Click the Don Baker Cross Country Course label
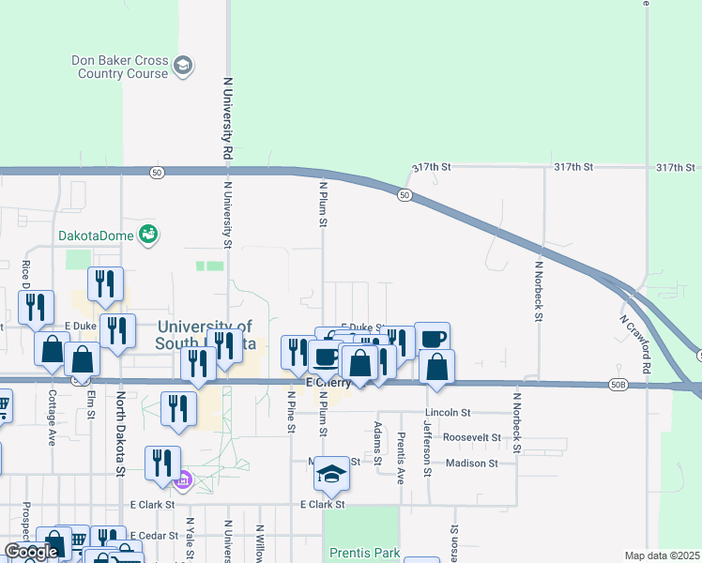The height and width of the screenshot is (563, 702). pyautogui.click(x=120, y=67)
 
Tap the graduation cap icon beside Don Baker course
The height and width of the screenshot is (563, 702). pyautogui.click(x=184, y=65)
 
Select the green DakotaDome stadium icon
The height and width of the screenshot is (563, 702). pyautogui.click(x=147, y=235)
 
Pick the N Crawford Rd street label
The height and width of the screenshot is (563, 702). pyautogui.click(x=634, y=342)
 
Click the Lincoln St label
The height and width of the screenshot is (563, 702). pyautogui.click(x=447, y=412)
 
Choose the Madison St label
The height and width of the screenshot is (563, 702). pyautogui.click(x=473, y=463)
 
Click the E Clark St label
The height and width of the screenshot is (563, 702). pyautogui.click(x=323, y=504)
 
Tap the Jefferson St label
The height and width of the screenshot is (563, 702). pyautogui.click(x=428, y=448)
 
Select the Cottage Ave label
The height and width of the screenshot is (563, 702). pyautogui.click(x=52, y=417)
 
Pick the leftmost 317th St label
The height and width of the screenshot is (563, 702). pyautogui.click(x=433, y=166)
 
